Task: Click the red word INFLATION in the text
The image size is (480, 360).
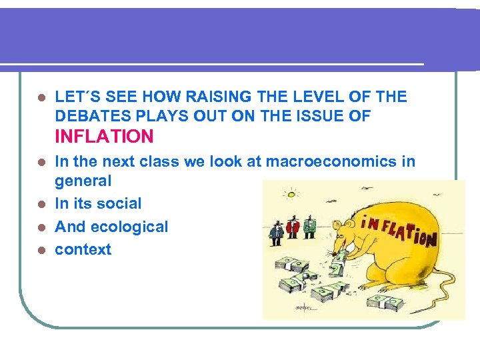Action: pyautogui.click(x=104, y=137)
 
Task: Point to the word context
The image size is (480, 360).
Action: pyautogui.click(x=83, y=250)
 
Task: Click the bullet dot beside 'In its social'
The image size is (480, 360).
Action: pyautogui.click(x=41, y=204)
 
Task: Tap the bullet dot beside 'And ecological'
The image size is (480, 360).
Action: pyautogui.click(x=41, y=227)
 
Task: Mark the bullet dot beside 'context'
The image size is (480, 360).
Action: pyautogui.click(x=41, y=251)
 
